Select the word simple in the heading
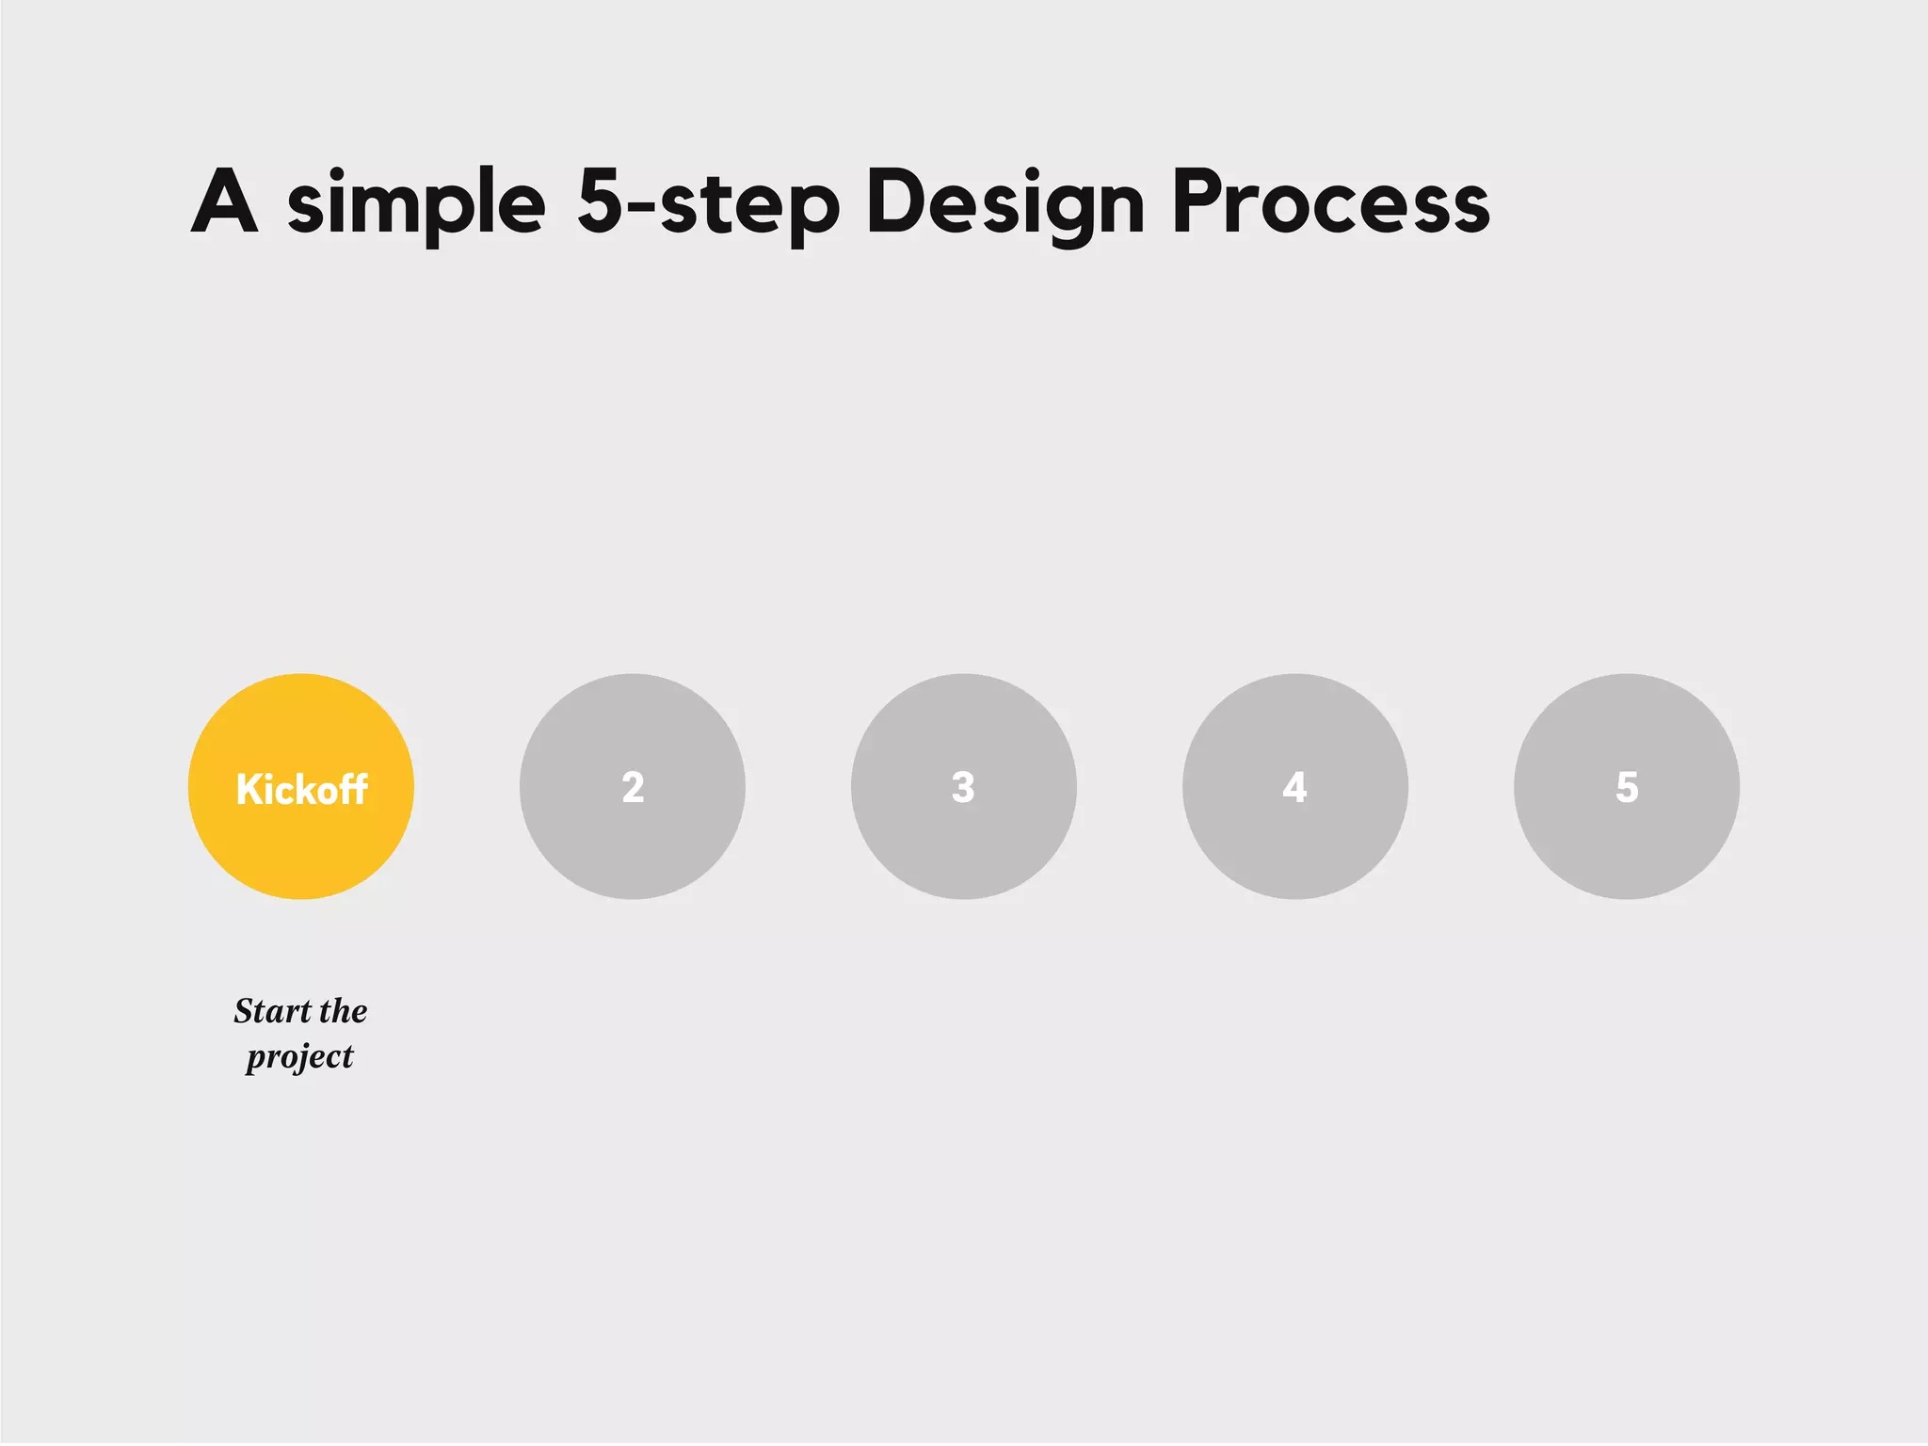[416, 202]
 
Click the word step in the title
[748, 205]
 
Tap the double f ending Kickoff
[353, 789]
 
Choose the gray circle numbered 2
[633, 787]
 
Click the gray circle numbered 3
[964, 787]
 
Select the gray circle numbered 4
[1295, 787]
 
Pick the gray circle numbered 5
[1627, 787]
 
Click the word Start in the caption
[273, 1011]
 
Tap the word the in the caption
[344, 1011]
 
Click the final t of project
[348, 1056]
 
